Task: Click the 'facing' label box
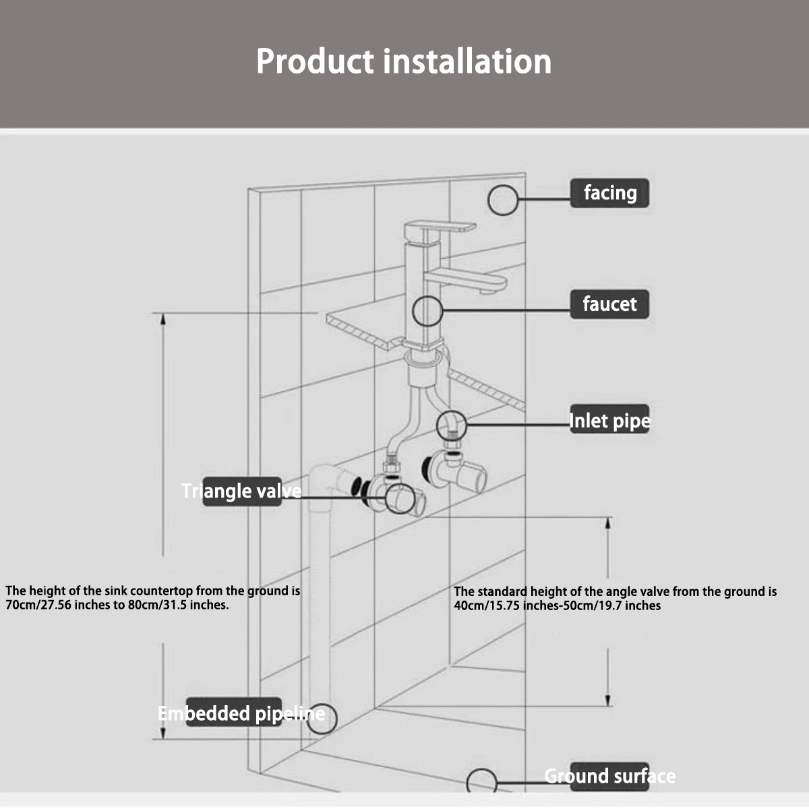[609, 193]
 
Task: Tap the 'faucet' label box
[609, 304]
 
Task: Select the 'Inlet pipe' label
[609, 421]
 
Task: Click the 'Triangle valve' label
[241, 491]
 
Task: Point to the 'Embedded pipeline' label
[241, 713]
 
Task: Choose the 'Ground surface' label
[609, 776]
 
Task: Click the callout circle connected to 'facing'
[503, 200]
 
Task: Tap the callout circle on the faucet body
[427, 311]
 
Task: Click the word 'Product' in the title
[315, 61]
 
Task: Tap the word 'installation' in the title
[468, 61]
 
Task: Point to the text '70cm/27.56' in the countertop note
[37, 605]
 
